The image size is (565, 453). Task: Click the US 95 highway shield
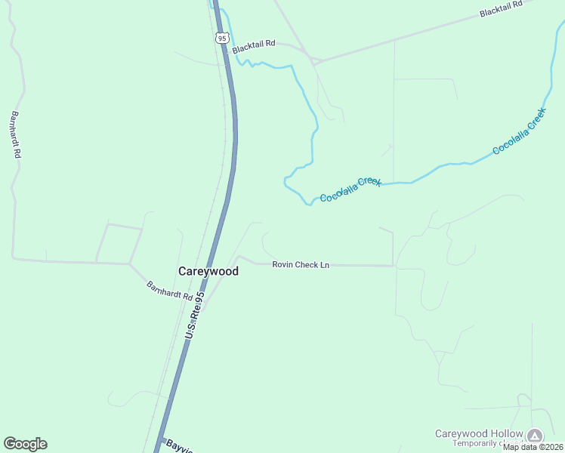(x=221, y=38)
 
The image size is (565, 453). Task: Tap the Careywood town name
(x=208, y=271)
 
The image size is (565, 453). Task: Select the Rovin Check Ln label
(x=301, y=265)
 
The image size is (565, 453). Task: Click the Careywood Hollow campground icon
(x=535, y=435)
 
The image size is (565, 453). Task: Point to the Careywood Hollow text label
(x=479, y=433)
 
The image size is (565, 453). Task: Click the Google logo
(x=25, y=444)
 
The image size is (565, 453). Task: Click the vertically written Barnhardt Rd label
(x=16, y=134)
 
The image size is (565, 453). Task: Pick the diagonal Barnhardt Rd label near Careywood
(x=169, y=291)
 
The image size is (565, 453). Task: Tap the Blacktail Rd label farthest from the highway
(x=502, y=9)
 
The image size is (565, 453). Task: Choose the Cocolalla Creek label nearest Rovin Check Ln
(x=350, y=190)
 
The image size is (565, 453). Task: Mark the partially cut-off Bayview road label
(x=179, y=446)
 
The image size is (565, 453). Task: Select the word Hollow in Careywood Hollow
(x=505, y=433)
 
